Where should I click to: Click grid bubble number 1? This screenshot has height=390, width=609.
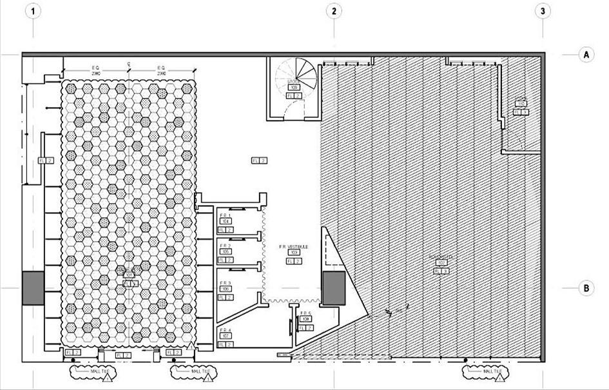[33, 11]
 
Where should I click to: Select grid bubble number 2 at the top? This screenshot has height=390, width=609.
[334, 11]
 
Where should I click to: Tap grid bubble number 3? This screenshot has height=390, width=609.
[543, 11]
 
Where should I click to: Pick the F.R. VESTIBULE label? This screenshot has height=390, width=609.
[294, 246]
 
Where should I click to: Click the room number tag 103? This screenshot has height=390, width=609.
[294, 253]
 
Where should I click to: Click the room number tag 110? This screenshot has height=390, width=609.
[521, 104]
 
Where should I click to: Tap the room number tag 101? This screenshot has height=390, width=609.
[129, 276]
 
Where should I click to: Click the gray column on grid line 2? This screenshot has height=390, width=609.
[334, 288]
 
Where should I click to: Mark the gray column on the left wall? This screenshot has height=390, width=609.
[33, 288]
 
